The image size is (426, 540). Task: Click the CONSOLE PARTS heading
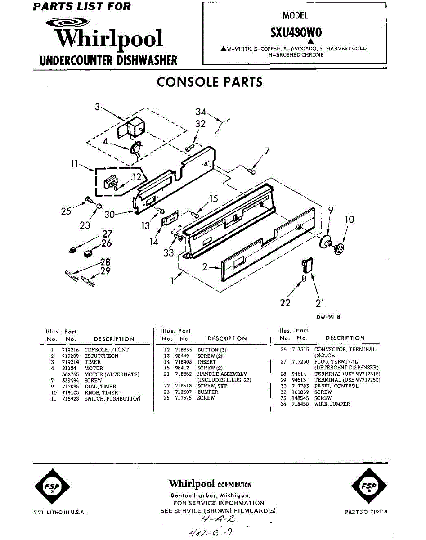pyautogui.click(x=209, y=82)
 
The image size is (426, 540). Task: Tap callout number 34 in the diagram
pyautogui.click(x=201, y=112)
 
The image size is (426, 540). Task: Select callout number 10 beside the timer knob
pyautogui.click(x=350, y=220)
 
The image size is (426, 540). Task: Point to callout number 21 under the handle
pyautogui.click(x=320, y=303)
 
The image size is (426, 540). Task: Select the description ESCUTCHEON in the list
pyautogui.click(x=101, y=356)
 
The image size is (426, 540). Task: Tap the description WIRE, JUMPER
pyautogui.click(x=332, y=404)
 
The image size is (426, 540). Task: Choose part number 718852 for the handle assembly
pyautogui.click(x=184, y=374)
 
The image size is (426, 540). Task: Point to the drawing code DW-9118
pyautogui.click(x=328, y=317)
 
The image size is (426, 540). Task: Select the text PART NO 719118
pyautogui.click(x=366, y=512)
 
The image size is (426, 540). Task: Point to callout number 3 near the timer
pyautogui.click(x=97, y=107)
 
